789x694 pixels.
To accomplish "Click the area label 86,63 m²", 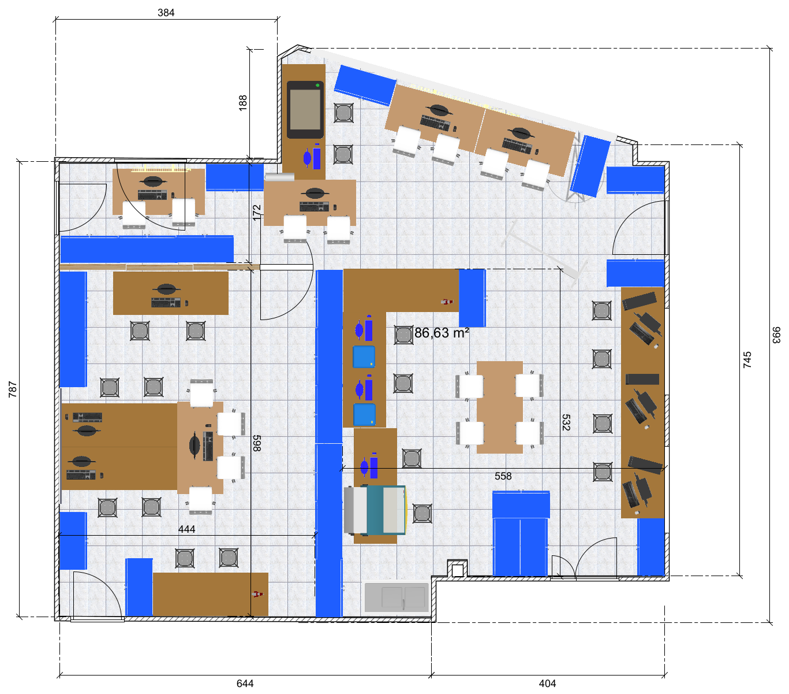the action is pyautogui.click(x=441, y=333).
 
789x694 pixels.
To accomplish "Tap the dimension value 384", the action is pyautogui.click(x=166, y=13).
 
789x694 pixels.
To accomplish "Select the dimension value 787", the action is pyautogui.click(x=13, y=389).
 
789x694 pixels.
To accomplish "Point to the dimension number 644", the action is pyautogui.click(x=245, y=684).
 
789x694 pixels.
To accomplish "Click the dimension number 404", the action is pyautogui.click(x=547, y=684).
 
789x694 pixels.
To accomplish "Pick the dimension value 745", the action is pyautogui.click(x=747, y=359).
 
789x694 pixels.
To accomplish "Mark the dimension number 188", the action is pyautogui.click(x=242, y=103).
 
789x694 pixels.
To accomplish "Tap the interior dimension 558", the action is pyautogui.click(x=503, y=476).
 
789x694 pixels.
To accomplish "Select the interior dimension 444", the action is pyautogui.click(x=186, y=529).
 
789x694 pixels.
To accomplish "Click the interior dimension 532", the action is pyautogui.click(x=566, y=422).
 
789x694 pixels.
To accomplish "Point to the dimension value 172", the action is pyautogui.click(x=256, y=213).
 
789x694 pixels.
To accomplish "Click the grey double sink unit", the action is pyautogui.click(x=397, y=597).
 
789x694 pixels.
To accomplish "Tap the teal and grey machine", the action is pyautogui.click(x=375, y=510).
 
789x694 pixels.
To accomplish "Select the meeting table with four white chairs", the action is pyautogui.click(x=500, y=407).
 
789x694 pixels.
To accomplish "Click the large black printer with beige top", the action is pyautogui.click(x=305, y=110).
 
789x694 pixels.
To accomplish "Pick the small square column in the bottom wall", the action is pyautogui.click(x=458, y=570).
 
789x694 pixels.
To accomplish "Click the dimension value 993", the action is pyautogui.click(x=776, y=335).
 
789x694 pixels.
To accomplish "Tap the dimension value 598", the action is pyautogui.click(x=257, y=443).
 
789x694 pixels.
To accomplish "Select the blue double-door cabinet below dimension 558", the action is pyautogui.click(x=521, y=533).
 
